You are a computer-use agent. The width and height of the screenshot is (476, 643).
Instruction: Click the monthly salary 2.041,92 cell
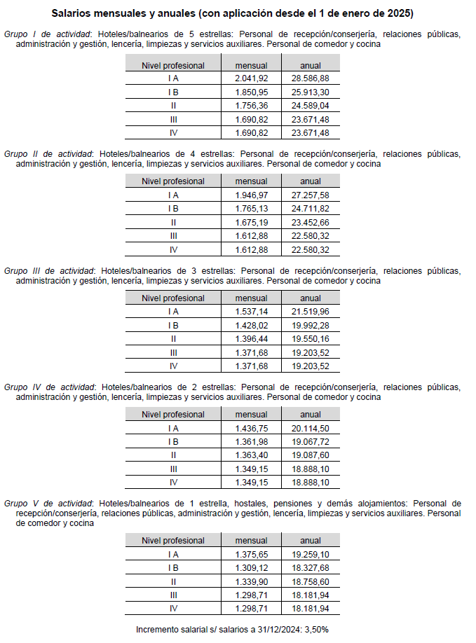251,78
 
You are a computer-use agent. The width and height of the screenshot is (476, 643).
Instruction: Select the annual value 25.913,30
310,92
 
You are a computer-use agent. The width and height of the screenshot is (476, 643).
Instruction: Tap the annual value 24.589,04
310,106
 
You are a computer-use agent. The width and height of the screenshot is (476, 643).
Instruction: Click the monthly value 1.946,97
251,195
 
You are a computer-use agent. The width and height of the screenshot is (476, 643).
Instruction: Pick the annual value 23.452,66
310,222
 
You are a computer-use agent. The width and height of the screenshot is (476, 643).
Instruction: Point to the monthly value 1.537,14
251,312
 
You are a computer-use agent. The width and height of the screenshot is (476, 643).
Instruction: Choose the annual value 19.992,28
310,325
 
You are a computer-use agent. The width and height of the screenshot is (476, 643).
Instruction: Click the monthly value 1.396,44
251,339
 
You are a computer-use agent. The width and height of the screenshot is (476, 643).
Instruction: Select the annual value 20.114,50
310,428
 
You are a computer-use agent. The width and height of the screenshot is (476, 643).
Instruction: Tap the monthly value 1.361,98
251,442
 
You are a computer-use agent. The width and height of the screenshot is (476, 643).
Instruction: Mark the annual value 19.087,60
310,455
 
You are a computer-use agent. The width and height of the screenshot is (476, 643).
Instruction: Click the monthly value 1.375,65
251,553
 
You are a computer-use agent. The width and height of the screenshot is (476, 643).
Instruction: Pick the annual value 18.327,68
310,567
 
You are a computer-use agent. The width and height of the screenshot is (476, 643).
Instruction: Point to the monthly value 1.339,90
251,581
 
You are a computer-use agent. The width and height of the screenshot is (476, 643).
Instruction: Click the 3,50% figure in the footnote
313,629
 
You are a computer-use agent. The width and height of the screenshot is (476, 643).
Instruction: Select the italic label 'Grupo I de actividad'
48,34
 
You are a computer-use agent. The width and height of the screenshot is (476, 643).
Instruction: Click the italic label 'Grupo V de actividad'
48,503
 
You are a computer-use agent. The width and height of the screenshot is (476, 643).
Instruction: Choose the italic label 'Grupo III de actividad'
49,270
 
